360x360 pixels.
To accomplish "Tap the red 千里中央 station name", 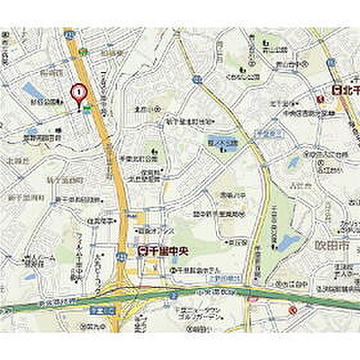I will [163, 252].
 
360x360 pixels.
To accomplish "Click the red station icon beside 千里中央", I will [142, 252].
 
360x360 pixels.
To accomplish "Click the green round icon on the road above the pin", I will [85, 51].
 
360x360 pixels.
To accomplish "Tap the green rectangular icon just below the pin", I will [88, 109].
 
